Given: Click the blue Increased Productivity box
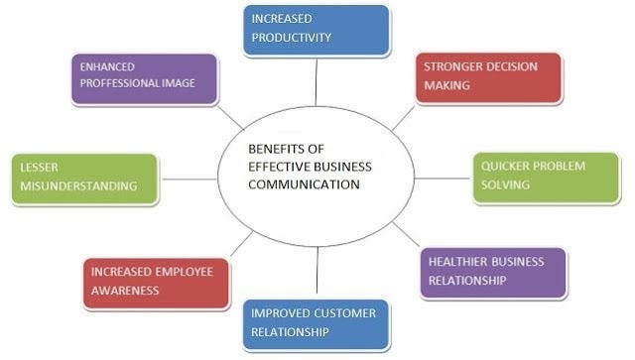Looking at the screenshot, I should pyautogui.click(x=316, y=30).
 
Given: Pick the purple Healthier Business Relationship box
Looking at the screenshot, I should pyautogui.click(x=492, y=272).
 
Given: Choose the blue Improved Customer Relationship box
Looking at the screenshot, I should pyautogui.click(x=316, y=324).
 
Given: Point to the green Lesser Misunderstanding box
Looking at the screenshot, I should pyautogui.click(x=83, y=179).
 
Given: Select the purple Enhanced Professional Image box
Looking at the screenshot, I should pyautogui.click(x=144, y=77).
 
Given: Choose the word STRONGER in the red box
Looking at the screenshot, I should pyautogui.click(x=452, y=67).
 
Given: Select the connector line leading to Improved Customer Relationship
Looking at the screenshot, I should pyautogui.click(x=317, y=274).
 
